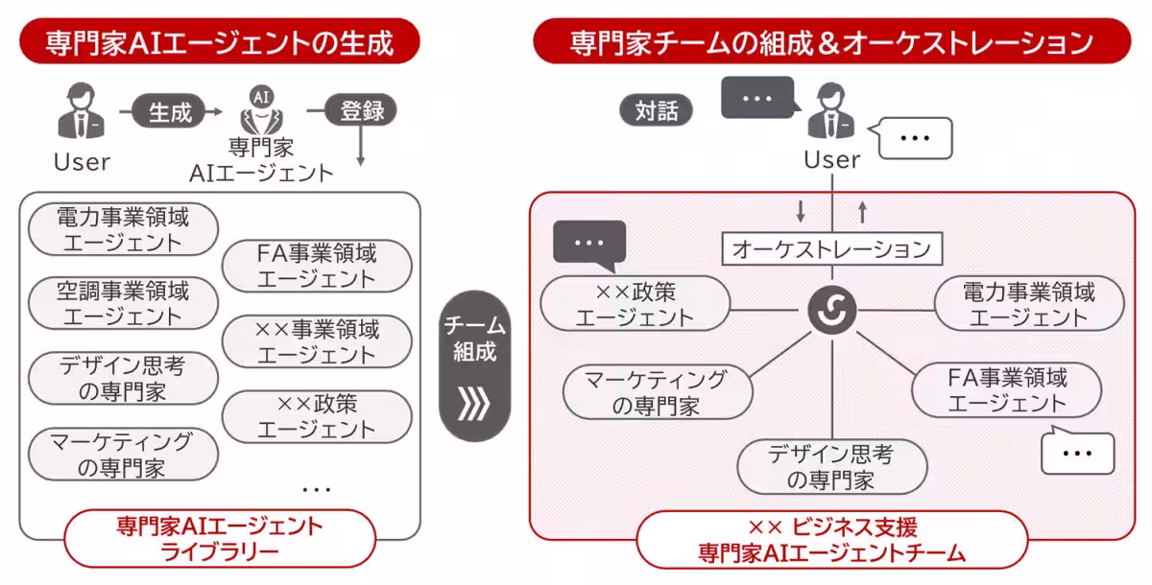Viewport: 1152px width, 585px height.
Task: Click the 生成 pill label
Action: point(170,111)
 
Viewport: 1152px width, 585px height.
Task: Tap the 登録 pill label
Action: point(361,110)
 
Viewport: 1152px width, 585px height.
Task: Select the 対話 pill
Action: point(657,110)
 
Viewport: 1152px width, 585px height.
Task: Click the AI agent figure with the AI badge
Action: point(259,111)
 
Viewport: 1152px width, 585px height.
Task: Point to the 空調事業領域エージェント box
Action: point(122,302)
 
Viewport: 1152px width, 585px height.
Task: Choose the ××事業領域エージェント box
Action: point(317,342)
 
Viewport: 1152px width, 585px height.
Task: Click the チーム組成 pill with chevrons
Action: point(474,365)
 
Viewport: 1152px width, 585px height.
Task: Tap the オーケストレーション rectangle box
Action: point(831,249)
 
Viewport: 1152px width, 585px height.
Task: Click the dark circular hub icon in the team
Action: point(830,310)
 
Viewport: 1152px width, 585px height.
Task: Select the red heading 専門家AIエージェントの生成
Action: point(220,42)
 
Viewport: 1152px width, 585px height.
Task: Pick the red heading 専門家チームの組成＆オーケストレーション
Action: point(831,42)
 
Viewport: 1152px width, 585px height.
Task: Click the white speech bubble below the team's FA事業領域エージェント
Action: point(1077,453)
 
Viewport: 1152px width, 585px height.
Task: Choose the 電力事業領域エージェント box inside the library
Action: point(122,229)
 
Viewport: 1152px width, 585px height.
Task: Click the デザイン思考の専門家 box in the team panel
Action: point(831,467)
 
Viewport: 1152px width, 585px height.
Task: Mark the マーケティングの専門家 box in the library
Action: point(122,455)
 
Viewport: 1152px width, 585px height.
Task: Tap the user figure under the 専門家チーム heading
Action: point(830,110)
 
